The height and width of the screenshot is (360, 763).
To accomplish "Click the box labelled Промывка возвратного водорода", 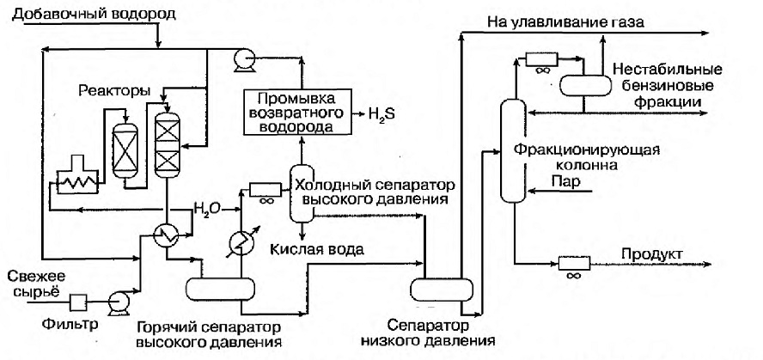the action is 296,113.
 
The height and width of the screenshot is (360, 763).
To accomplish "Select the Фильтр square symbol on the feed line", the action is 78,302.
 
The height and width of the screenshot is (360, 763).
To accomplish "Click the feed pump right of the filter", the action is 119,299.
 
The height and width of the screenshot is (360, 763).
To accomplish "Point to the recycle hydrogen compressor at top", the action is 242,60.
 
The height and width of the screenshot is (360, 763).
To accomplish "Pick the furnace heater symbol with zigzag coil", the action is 76,178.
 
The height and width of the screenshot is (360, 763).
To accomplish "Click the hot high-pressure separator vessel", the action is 221,290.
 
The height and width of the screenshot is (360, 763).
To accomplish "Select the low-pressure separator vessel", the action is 442,290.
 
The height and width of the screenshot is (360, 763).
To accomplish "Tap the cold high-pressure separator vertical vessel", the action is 302,192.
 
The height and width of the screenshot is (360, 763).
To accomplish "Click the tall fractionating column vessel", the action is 514,150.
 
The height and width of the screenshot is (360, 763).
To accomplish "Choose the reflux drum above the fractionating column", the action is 585,86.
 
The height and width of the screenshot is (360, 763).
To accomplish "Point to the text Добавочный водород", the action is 94,14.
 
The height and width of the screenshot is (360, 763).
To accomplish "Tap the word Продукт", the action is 652,254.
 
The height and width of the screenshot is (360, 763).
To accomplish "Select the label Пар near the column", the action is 562,181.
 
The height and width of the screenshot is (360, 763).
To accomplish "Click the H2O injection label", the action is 207,209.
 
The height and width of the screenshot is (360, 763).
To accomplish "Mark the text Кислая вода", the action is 317,250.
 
